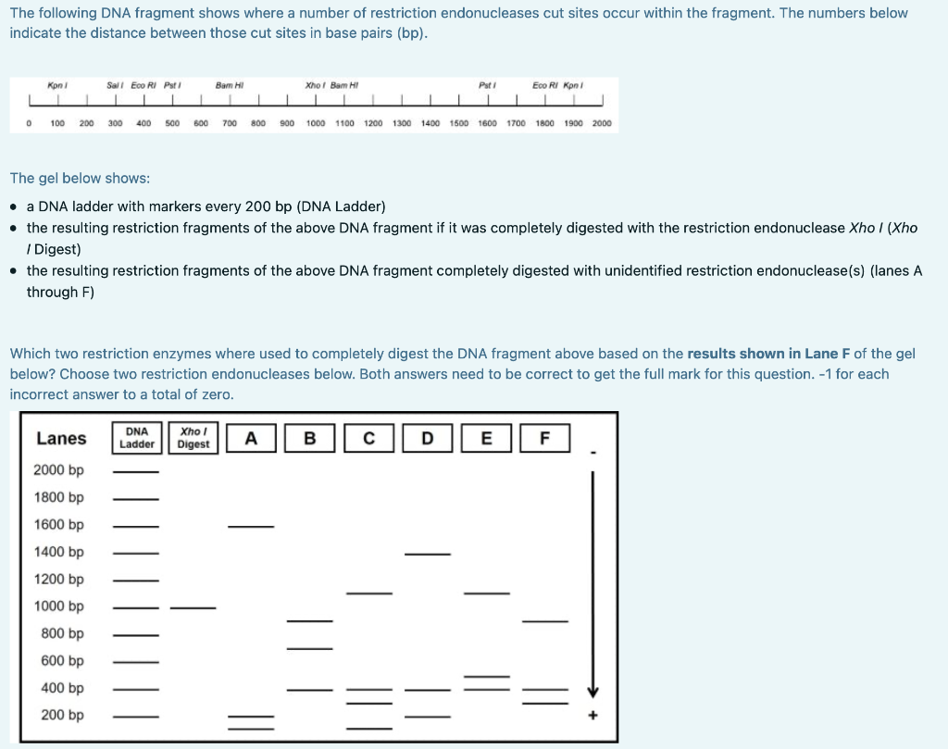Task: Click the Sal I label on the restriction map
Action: coord(115,85)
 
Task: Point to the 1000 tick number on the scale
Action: coord(316,123)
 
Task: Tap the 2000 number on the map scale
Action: coord(602,123)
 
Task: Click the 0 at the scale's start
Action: coord(30,123)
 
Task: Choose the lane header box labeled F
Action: coord(544,438)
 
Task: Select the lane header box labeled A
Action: coord(250,438)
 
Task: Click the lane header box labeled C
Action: coord(369,438)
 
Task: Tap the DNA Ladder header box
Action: coord(137,438)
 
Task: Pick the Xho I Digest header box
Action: coord(193,438)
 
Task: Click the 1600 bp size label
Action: coord(58,524)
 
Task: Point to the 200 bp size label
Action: coord(62,715)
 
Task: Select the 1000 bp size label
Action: coord(58,605)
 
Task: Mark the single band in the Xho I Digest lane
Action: coord(193,608)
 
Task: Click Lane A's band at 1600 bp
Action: coord(251,527)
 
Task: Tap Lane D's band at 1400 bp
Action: coord(427,555)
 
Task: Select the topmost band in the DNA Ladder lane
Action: coord(136,472)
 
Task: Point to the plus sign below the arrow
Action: coord(593,716)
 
